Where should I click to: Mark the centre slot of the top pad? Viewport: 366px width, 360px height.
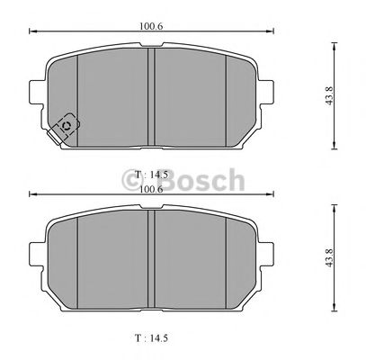click(150, 99)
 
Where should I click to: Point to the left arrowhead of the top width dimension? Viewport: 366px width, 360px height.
click(32, 32)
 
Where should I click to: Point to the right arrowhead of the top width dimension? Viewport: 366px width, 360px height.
click(268, 32)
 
